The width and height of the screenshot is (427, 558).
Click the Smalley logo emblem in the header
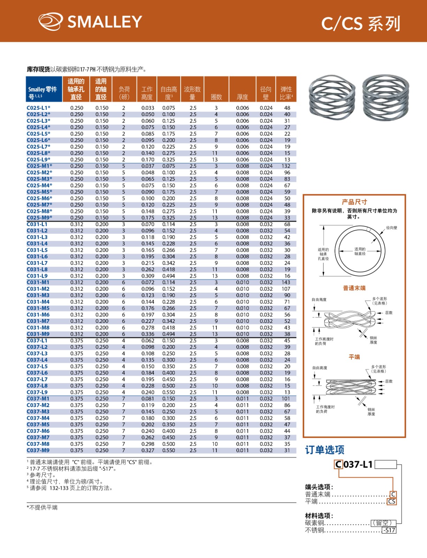(51, 21)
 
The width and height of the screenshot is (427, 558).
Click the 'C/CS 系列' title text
(361, 24)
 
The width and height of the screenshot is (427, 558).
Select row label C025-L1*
(38, 108)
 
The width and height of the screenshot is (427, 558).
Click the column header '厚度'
(242, 97)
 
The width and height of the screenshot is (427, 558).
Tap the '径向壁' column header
(266, 93)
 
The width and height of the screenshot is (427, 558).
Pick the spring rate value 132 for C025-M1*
(286, 166)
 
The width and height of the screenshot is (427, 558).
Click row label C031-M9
(38, 334)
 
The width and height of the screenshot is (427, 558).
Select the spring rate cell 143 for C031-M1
(286, 282)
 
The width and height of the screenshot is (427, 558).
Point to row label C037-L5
(37, 366)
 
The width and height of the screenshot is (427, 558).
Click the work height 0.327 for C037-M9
(148, 450)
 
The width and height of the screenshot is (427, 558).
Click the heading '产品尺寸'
(354, 202)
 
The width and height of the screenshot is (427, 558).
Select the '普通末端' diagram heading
(354, 288)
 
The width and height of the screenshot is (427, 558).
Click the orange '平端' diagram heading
(354, 357)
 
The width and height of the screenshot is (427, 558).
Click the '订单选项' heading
(325, 450)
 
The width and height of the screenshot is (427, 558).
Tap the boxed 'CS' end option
(392, 502)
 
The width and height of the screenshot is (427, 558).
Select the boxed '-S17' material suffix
(389, 530)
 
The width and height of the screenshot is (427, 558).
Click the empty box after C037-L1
(386, 465)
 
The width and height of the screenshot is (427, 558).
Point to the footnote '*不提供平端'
(42, 507)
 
